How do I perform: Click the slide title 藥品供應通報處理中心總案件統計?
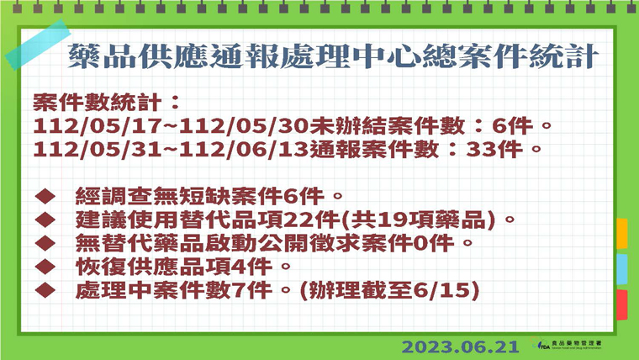coord(333,56)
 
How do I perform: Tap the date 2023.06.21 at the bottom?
coord(461,347)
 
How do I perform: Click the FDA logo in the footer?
coord(567,344)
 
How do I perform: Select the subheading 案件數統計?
coord(97,102)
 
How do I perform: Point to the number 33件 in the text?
coord(494,149)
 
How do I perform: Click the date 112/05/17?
coord(98,126)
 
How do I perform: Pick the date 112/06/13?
coord(244,149)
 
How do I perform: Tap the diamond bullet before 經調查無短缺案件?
coord(45,196)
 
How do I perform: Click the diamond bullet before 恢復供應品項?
coord(45,267)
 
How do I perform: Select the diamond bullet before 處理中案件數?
coord(45,290)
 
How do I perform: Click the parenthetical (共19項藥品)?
coord(417,220)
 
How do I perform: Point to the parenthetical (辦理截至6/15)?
coord(389,291)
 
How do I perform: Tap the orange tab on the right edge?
coord(621,234)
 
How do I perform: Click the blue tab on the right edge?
coord(621,269)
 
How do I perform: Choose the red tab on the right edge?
coord(621,304)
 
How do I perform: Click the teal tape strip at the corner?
coord(38,45)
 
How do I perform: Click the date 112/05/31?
coord(98,149)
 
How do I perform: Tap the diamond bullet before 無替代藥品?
coord(45,243)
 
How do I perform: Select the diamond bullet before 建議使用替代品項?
coord(45,220)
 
